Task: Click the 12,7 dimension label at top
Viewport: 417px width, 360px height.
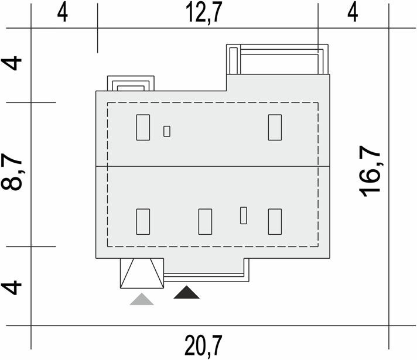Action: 204,12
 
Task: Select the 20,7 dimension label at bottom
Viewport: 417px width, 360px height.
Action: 204,345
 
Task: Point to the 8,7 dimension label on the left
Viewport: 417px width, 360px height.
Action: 12,173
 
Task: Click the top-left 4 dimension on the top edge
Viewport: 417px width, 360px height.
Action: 63,13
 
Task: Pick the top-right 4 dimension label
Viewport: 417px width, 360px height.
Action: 353,13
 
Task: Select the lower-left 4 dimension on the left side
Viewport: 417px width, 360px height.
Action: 11,287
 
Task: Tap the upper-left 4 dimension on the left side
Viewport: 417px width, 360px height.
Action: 11,63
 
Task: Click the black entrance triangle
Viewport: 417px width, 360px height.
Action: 186,293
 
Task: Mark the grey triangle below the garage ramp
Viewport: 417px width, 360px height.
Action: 142,299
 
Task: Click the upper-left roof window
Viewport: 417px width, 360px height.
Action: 143,128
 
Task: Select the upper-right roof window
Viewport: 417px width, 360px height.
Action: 275,128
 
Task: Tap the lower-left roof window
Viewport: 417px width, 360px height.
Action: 143,222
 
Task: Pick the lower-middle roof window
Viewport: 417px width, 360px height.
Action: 206,222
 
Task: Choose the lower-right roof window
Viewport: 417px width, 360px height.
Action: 275,222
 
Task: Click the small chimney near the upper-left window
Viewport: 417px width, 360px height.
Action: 167,131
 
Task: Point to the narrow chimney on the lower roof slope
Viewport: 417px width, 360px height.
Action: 243,215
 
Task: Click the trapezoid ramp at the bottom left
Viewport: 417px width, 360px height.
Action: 142,273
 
